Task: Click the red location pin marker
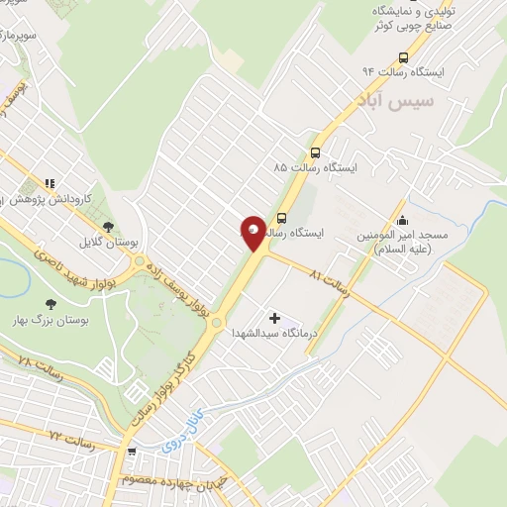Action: point(253,233)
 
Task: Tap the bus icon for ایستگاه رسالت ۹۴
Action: point(402,56)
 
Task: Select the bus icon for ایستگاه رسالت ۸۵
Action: point(315,152)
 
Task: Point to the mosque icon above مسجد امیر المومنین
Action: point(401,221)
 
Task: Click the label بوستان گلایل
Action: point(107,242)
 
